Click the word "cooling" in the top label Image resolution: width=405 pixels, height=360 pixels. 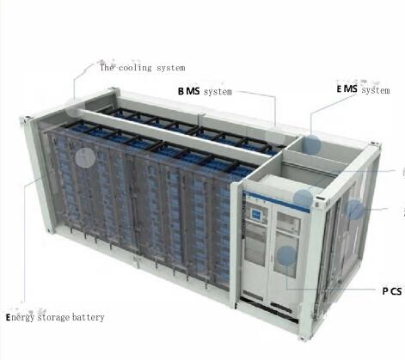coord(135,68)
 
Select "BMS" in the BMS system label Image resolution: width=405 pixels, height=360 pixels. coord(188,91)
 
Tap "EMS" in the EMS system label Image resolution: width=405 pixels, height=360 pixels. coord(347,89)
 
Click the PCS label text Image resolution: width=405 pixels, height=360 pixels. coord(392,291)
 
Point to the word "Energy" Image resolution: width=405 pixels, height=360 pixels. coord(20,318)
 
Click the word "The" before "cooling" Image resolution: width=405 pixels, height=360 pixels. coord(107,68)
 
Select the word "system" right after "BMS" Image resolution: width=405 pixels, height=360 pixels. coord(218,92)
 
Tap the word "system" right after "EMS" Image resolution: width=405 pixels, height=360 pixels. coord(376,90)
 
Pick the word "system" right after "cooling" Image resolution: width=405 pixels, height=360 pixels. coord(170,68)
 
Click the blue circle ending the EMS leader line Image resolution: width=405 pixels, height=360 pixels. coord(311,144)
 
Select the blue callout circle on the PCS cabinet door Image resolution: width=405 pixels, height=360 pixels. coord(286,256)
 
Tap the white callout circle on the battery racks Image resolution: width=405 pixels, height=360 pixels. coord(85,157)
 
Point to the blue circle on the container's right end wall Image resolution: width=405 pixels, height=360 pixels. coord(354,210)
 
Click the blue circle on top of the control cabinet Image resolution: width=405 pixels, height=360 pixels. coord(304,198)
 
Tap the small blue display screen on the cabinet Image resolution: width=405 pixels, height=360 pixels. coord(255,214)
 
